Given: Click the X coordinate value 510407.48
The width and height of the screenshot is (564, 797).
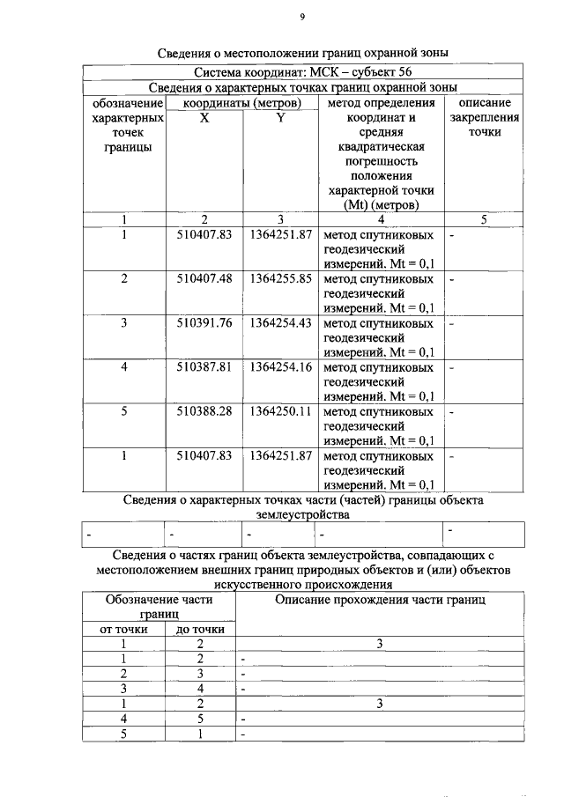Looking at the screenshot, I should [204, 279].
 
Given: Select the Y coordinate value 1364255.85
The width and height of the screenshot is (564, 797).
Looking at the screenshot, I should [281, 279].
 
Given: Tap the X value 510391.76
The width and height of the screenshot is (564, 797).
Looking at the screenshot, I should [204, 323].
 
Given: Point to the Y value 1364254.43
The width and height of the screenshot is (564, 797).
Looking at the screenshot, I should [281, 323].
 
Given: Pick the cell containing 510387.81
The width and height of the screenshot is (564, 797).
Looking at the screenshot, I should [204, 367].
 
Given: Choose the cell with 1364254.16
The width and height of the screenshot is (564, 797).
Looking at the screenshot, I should [281, 367].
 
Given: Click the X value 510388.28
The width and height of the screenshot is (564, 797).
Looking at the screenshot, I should [204, 412].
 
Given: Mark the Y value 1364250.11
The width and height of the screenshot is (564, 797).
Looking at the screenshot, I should [281, 412].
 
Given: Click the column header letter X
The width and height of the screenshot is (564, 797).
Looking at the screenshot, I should [204, 117].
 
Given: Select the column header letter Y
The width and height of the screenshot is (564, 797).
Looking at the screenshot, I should [279, 117].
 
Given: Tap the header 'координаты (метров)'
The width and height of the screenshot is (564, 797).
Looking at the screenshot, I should [241, 103].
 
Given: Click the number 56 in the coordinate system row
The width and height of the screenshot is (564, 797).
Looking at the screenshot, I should [403, 71].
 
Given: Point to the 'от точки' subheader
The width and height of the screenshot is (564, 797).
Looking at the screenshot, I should [125, 630].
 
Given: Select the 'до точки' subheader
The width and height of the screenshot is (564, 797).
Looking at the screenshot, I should [201, 630].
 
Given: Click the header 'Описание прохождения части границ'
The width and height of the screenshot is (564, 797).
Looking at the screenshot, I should [380, 600].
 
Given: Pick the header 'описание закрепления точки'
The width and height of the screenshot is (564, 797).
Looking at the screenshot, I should [484, 117].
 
